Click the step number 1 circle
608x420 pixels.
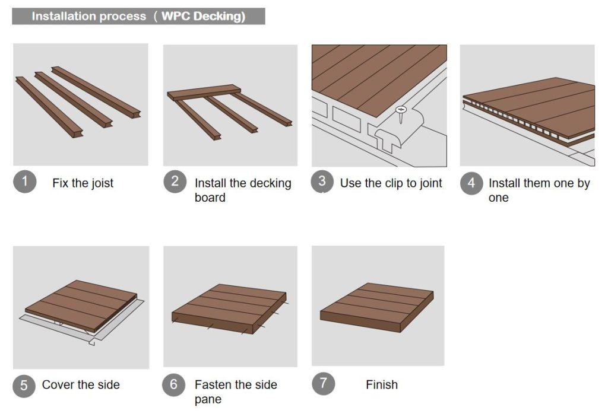pos(24,182)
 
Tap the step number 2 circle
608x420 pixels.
pos(175,182)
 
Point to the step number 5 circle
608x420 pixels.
pos(24,385)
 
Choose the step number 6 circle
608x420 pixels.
pos(173,384)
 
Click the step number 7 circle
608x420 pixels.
pos(323,383)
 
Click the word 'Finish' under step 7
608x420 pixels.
pos(381,385)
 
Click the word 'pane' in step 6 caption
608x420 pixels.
pos(208,400)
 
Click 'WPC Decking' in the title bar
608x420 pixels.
pos(202,16)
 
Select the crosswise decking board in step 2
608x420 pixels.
pos(204,92)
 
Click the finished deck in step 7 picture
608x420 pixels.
pos(376,306)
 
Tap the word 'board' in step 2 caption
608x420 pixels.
pos(210,198)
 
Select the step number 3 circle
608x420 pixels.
pos(322,182)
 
